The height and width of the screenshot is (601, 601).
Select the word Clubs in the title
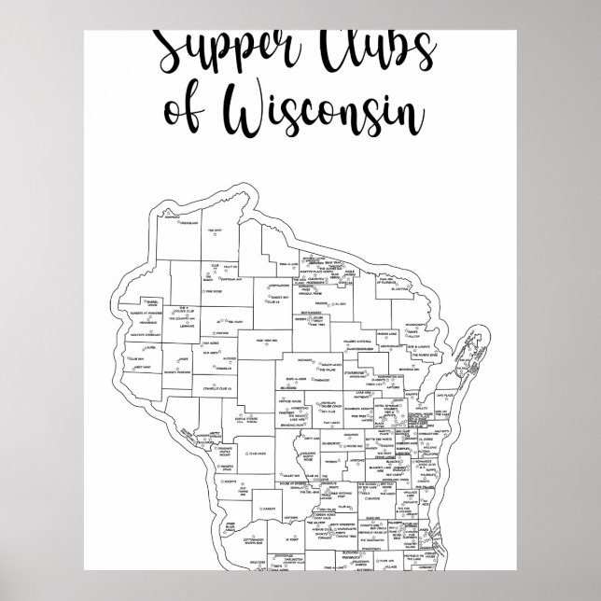365,47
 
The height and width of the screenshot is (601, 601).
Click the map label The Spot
215,231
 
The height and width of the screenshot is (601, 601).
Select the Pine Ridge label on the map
213,291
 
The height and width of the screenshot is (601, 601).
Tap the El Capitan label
404,288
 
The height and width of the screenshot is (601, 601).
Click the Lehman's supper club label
184,325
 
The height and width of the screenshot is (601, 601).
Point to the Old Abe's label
212,354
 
